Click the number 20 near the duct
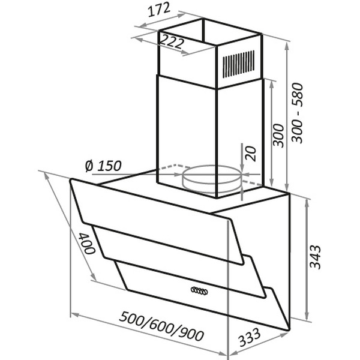[250, 154]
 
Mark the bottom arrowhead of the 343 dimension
[307, 318]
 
